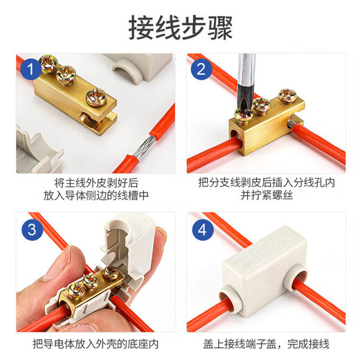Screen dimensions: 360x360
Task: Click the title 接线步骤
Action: [180, 28]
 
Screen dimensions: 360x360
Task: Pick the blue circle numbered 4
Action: [201, 228]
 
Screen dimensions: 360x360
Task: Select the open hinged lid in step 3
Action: [135, 239]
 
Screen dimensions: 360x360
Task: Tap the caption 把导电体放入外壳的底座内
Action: [94, 343]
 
